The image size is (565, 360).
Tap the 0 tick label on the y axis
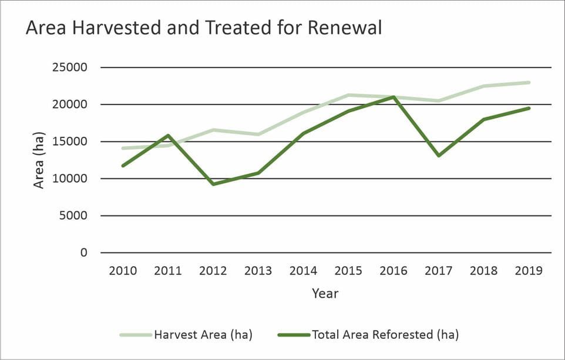pyautogui.click(x=83, y=253)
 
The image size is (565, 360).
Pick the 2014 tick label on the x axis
pyautogui.click(x=303, y=271)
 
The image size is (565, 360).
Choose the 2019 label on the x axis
pyautogui.click(x=529, y=271)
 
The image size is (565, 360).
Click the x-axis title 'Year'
pyautogui.click(x=325, y=293)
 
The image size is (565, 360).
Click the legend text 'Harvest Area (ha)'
pyautogui.click(x=203, y=335)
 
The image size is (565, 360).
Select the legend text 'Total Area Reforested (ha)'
pyautogui.click(x=385, y=335)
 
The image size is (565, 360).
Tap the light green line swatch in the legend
pyautogui.click(x=136, y=335)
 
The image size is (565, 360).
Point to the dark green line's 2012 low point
pyautogui.click(x=213, y=184)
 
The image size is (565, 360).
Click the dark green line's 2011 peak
pyautogui.click(x=168, y=136)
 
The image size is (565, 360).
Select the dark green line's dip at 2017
pyautogui.click(x=439, y=156)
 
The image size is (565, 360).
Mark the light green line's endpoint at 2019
pyautogui.click(x=529, y=82)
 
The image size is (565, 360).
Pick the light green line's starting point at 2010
pyautogui.click(x=123, y=148)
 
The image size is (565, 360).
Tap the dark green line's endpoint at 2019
pyautogui.click(x=529, y=108)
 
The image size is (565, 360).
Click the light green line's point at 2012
pyautogui.click(x=213, y=130)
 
